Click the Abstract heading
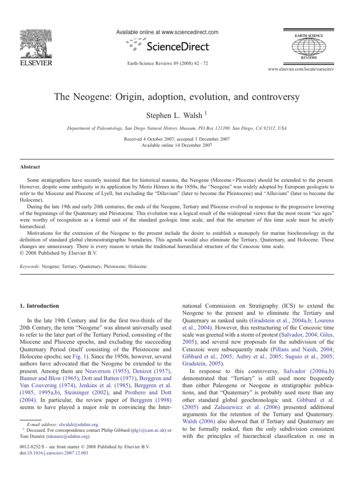coord(30,166)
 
